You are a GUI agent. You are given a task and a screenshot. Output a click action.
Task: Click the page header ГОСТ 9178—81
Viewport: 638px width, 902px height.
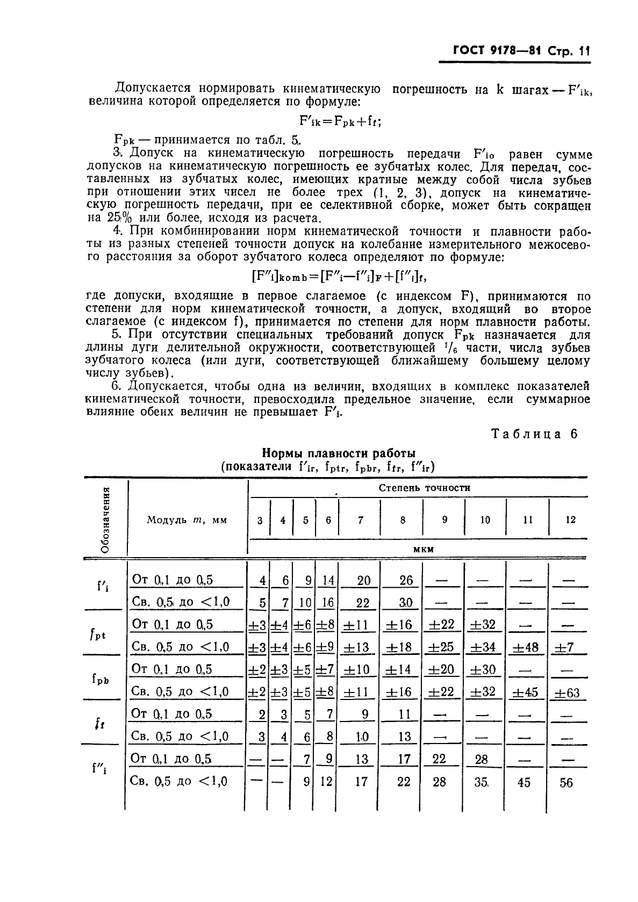(489, 52)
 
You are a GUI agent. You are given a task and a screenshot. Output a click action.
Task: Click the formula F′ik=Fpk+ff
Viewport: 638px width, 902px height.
(340, 121)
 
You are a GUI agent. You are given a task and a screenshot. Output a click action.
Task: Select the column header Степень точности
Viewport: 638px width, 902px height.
(425, 488)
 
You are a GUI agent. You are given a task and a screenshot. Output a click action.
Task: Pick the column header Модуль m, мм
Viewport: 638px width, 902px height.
(187, 519)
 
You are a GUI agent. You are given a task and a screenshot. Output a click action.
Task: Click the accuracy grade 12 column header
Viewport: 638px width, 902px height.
(571, 519)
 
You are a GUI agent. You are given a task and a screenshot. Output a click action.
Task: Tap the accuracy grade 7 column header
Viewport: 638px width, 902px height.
(360, 519)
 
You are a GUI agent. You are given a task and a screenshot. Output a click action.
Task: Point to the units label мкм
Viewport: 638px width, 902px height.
(424, 549)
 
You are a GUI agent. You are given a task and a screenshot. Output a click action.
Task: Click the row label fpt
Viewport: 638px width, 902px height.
(98, 634)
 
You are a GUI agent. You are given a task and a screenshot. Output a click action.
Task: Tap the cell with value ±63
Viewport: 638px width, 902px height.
(567, 692)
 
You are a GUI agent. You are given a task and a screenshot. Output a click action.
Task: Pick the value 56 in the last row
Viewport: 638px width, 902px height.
(566, 782)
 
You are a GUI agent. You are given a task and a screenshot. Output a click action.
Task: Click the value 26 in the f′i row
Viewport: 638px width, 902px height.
(406, 580)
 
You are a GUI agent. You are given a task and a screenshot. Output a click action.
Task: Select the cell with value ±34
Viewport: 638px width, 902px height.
(482, 647)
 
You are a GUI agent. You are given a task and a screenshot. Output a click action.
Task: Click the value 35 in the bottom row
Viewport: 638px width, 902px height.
(482, 782)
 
